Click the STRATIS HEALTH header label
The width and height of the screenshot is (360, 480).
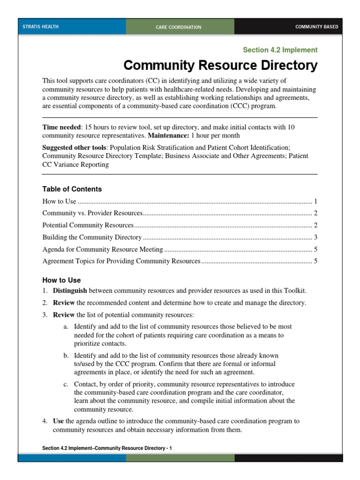(41, 27)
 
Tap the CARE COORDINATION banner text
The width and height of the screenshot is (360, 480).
(179, 27)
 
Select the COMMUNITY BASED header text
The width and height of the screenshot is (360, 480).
(316, 27)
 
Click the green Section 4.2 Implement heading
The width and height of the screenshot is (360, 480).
(280, 50)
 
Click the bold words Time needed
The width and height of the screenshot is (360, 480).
(61, 127)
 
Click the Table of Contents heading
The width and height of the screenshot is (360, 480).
(72, 189)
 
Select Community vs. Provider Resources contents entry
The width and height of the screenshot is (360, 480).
(92, 213)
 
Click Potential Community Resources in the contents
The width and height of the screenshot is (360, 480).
(88, 225)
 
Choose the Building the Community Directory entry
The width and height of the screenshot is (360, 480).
(92, 237)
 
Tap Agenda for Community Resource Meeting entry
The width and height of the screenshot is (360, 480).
(103, 249)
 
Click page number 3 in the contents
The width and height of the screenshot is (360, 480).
(316, 237)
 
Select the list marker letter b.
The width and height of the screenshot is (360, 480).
(66, 355)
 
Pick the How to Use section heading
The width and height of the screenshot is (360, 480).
(61, 280)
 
